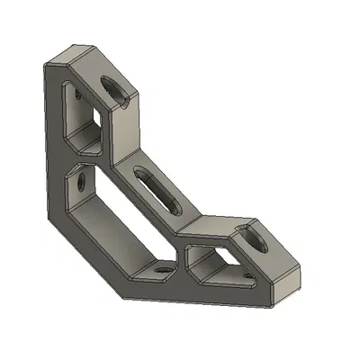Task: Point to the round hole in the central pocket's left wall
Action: tap(82, 183)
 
